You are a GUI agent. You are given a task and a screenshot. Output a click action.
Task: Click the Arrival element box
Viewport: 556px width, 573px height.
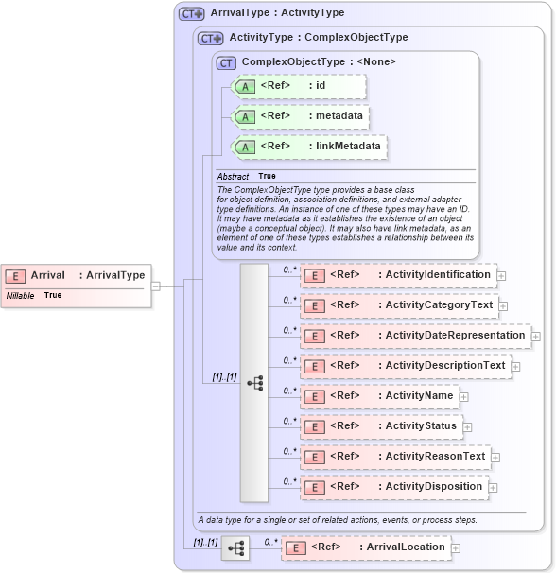click(x=76, y=275)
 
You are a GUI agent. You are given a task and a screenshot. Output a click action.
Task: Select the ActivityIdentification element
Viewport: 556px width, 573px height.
click(x=398, y=275)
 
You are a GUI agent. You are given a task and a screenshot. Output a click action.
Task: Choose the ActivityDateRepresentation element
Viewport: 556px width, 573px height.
click(x=415, y=335)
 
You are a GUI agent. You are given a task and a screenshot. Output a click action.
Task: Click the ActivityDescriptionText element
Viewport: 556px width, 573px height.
click(x=405, y=366)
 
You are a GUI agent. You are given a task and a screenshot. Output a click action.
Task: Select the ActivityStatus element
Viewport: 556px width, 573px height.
click(x=381, y=425)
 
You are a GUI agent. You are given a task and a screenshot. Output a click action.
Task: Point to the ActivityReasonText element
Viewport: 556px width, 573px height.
click(x=395, y=457)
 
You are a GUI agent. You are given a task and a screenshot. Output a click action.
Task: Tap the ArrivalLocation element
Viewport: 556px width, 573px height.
click(x=365, y=547)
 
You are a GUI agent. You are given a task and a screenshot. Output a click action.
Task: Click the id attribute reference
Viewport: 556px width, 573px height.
click(x=284, y=86)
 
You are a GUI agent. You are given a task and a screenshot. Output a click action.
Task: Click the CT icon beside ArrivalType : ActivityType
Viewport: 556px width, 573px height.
click(x=192, y=14)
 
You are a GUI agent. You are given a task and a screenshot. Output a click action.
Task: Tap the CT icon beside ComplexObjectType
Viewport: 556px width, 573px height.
click(x=226, y=62)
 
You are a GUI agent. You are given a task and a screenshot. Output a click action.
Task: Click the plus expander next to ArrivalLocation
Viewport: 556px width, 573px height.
click(x=456, y=547)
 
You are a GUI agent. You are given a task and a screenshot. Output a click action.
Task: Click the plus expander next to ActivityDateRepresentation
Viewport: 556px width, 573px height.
click(x=536, y=336)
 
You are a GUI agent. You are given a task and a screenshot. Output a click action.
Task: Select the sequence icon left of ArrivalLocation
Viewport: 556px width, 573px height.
click(x=235, y=547)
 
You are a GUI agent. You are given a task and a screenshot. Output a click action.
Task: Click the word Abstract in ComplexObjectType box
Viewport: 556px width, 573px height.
click(x=233, y=177)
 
